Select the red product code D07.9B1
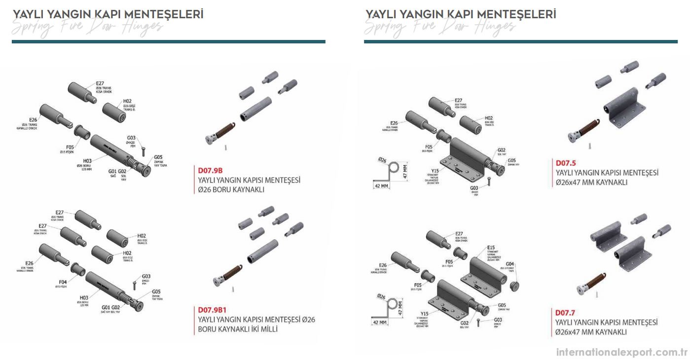coord(212,310)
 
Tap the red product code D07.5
coord(566,163)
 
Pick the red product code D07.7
coord(565,313)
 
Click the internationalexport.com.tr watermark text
coord(622,352)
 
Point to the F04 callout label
coord(63,282)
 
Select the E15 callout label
coord(491,248)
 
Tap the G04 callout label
coord(510,264)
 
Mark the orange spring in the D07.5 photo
coord(588,128)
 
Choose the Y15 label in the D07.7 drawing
coord(424,313)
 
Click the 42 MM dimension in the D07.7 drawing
coord(380,322)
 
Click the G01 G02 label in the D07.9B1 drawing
coord(111,307)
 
